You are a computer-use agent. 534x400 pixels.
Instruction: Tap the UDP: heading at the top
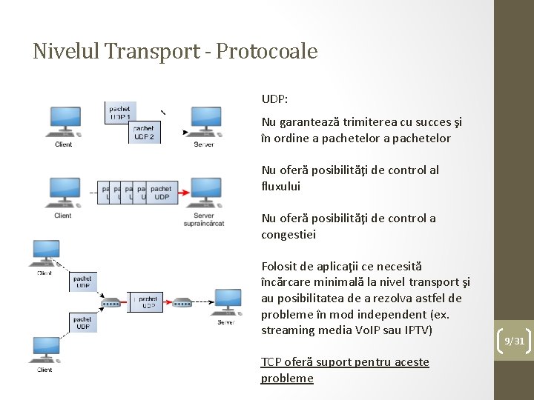click(x=274, y=98)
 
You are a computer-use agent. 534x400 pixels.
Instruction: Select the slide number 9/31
click(x=514, y=341)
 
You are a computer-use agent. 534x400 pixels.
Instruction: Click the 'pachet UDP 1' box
click(x=121, y=113)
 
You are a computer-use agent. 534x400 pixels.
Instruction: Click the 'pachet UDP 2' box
click(x=144, y=133)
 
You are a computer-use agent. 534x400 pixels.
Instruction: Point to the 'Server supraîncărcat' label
click(x=204, y=219)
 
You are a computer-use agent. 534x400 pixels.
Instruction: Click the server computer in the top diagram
click(x=205, y=121)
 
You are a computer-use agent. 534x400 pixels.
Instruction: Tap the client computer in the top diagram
click(x=65, y=121)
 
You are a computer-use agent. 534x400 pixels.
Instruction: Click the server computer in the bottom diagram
click(x=227, y=301)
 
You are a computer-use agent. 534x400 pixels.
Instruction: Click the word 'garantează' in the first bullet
click(x=306, y=122)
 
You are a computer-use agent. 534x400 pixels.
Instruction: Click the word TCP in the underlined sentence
click(x=271, y=362)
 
